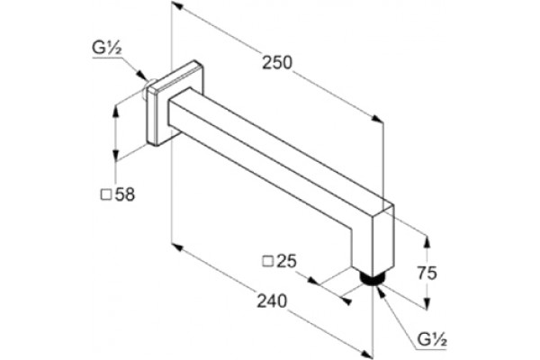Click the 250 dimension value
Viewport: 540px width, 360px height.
277,63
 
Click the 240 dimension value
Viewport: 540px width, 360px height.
272,301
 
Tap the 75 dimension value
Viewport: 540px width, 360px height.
427,273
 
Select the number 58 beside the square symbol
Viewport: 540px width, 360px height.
125,194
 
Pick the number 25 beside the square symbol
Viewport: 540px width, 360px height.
286,261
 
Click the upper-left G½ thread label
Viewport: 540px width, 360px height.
106,49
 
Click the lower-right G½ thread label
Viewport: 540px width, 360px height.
432,339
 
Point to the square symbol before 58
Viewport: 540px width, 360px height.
105,195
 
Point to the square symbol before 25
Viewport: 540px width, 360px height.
268,262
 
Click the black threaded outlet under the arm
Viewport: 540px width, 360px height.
371,278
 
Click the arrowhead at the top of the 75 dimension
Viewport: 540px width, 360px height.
427,242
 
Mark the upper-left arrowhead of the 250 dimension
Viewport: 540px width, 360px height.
177,4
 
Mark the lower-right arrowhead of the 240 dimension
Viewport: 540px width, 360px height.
366,354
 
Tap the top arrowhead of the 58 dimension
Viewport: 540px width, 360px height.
116,111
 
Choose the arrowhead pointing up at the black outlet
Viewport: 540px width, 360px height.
380,292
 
